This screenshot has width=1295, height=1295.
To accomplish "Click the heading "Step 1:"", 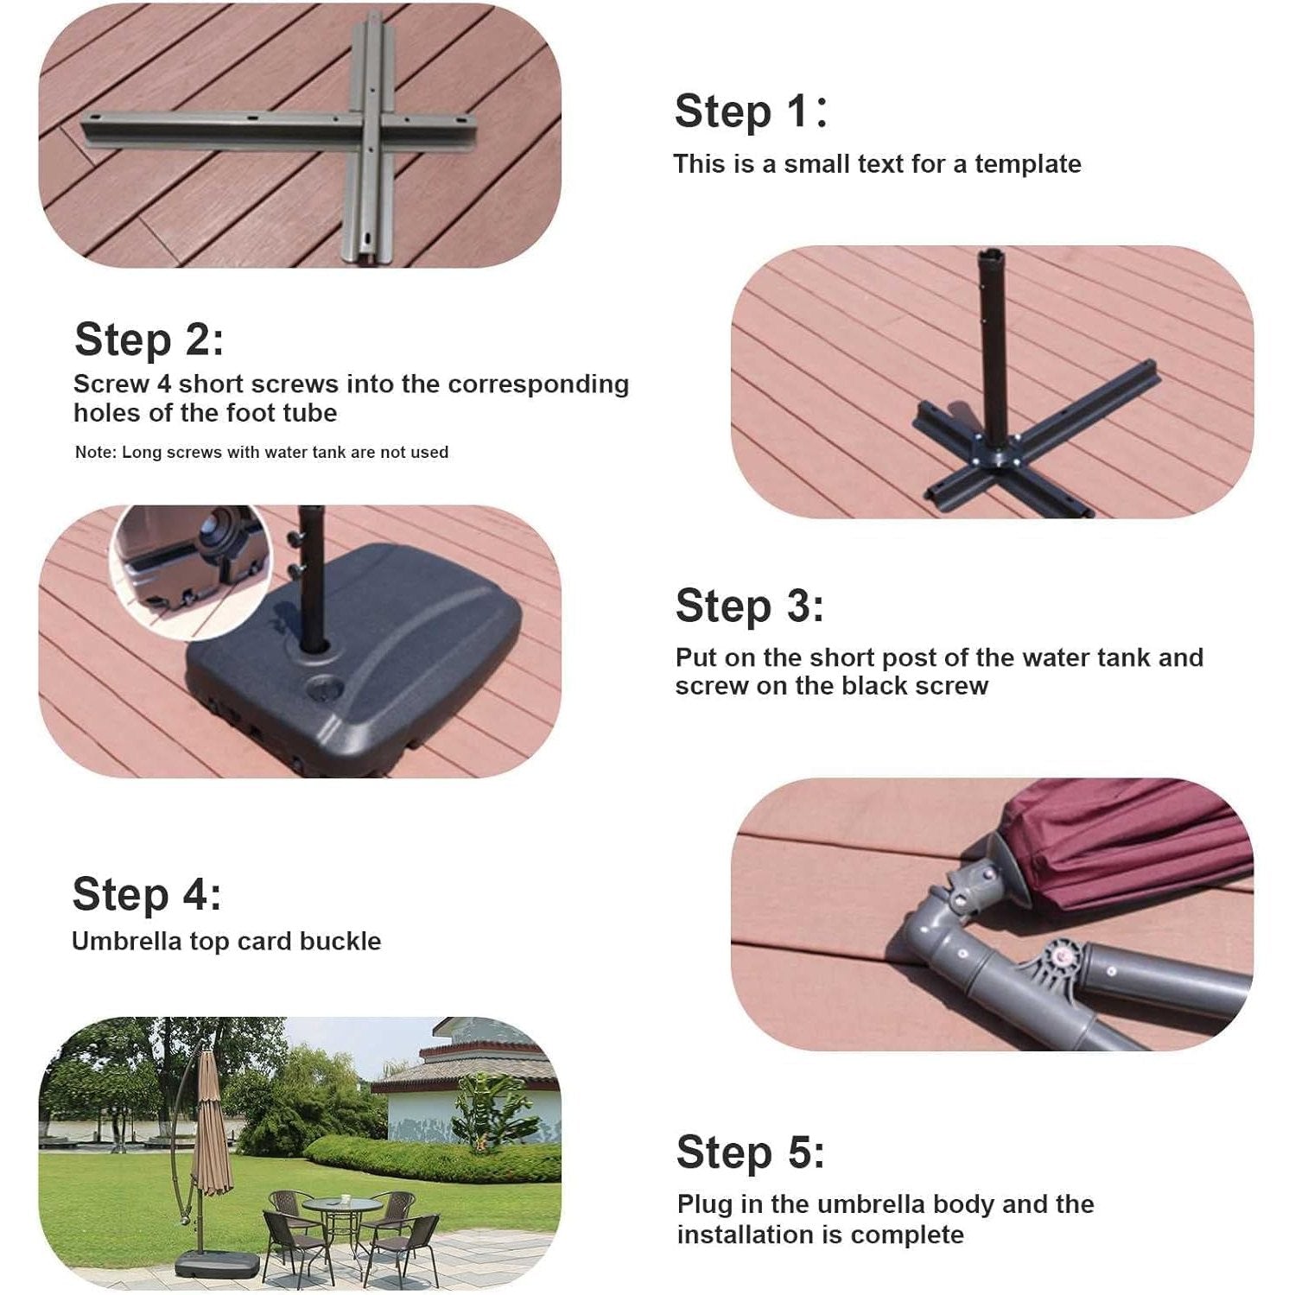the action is [750, 111].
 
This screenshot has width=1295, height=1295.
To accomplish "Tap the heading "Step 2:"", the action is [149, 339].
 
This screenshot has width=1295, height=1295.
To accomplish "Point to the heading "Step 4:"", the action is [147, 893].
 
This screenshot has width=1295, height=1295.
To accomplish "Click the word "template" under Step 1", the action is [1028, 163].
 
